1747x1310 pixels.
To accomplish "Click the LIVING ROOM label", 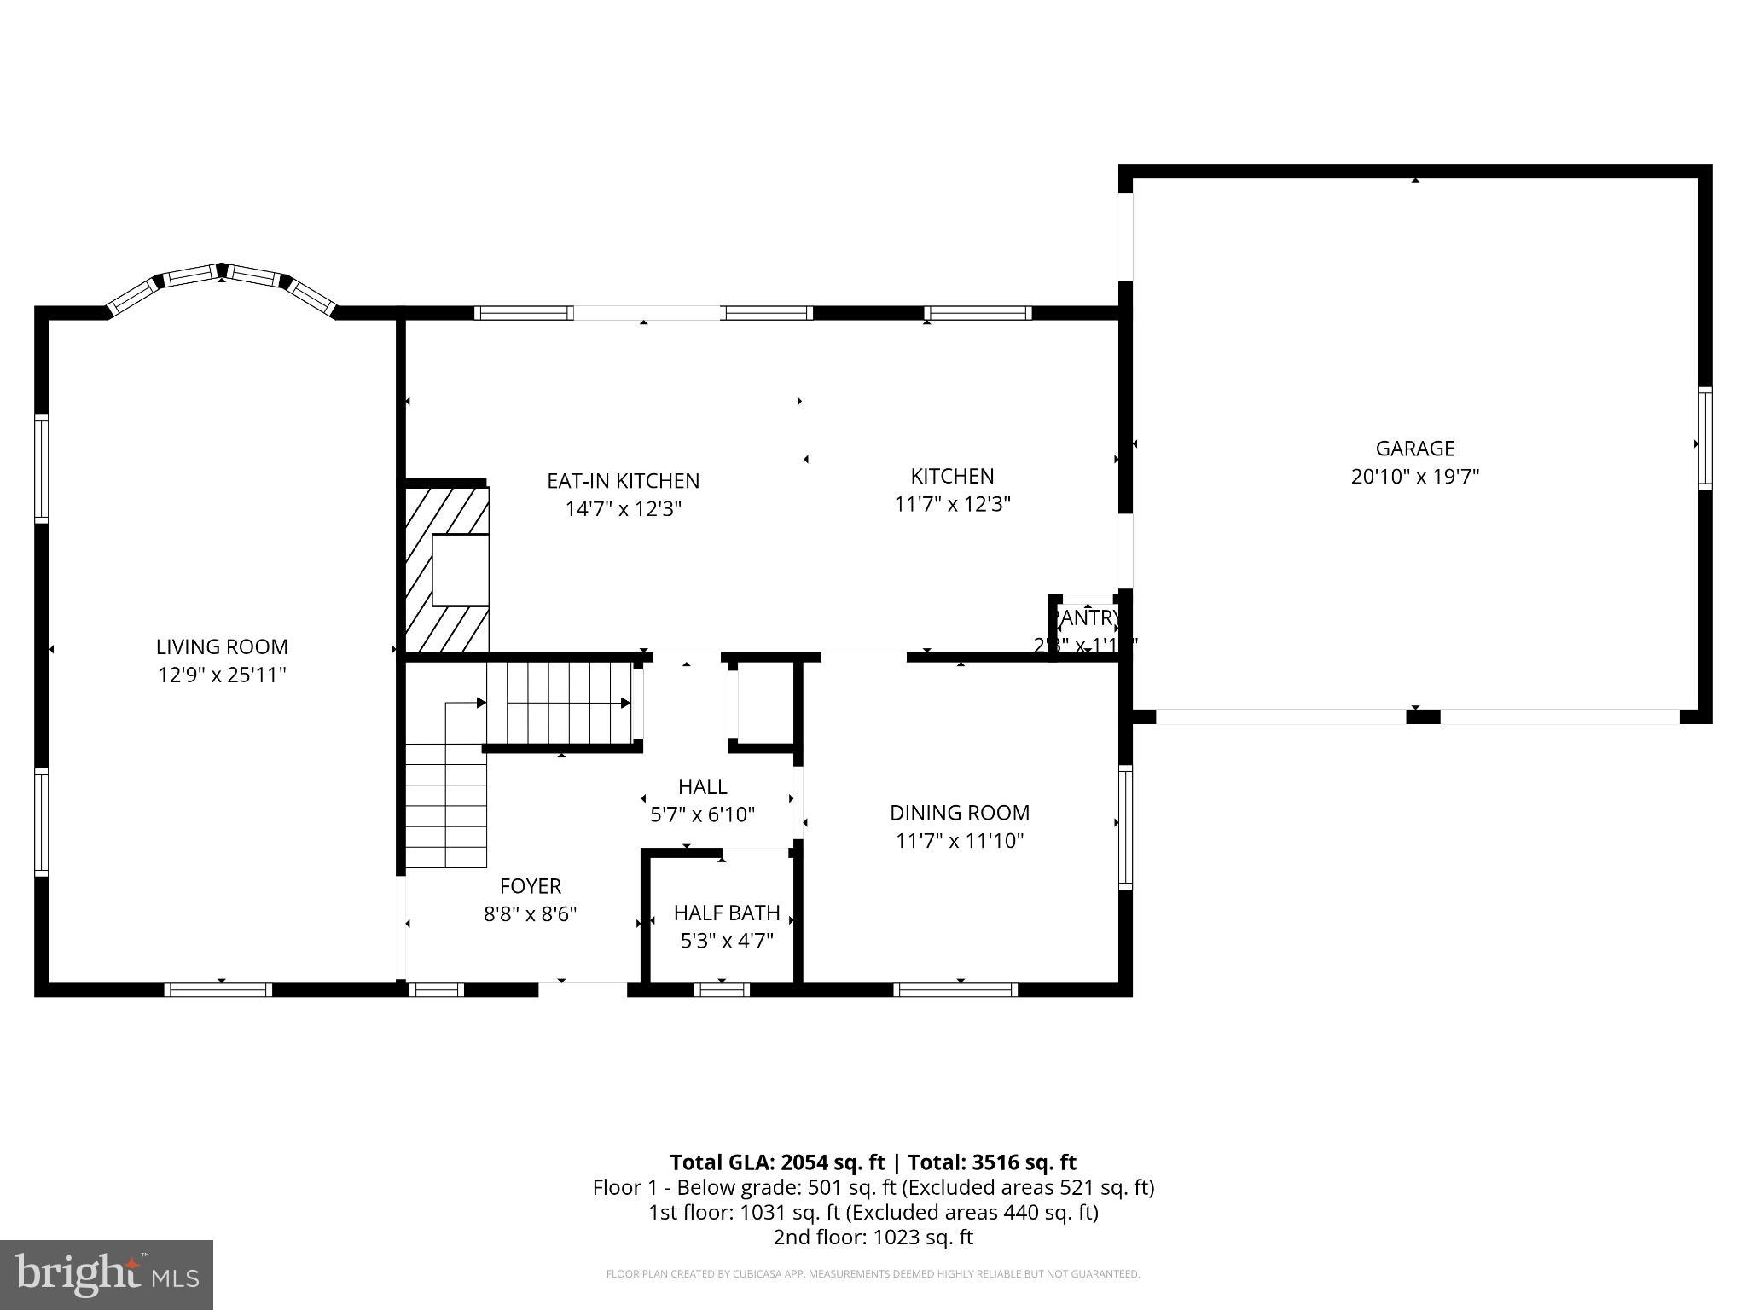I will click(x=222, y=646).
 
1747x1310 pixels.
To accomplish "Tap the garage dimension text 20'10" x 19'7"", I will click(x=1414, y=477).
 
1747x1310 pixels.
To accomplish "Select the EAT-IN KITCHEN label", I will click(x=623, y=481).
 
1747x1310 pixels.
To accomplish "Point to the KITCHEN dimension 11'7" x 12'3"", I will click(x=952, y=504).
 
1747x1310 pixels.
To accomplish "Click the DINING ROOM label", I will click(x=960, y=813).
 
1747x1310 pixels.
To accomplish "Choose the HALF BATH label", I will click(x=727, y=913).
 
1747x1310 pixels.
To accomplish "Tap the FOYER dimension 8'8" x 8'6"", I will click(x=530, y=914).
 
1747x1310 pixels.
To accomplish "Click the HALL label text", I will click(x=702, y=786).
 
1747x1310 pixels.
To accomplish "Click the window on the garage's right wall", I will click(x=1704, y=438).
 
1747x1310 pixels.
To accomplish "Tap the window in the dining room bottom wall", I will click(x=955, y=989).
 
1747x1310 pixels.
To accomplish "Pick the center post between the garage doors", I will click(x=1422, y=716).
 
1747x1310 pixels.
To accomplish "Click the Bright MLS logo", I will click(x=107, y=1274).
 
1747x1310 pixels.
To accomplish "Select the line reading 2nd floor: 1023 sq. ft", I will click(x=873, y=1238).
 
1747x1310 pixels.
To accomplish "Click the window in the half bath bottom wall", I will click(x=722, y=989).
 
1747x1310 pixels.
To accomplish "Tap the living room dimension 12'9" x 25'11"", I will click(x=222, y=675).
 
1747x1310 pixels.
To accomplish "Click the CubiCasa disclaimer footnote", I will click(x=873, y=1274).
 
